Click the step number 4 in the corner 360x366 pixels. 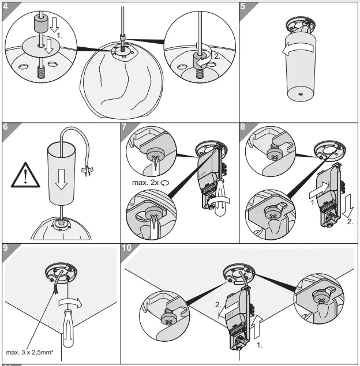pyautogui.click(x=6, y=7)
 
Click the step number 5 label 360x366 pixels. pyautogui.click(x=243, y=7)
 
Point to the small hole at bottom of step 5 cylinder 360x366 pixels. pyautogui.click(x=299, y=92)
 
